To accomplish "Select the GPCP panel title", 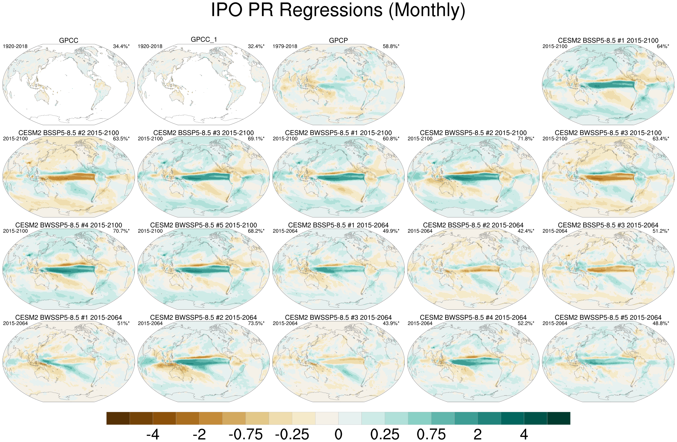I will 338,40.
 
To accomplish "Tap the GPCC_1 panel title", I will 204,39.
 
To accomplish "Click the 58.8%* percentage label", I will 391,46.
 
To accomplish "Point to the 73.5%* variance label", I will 256,323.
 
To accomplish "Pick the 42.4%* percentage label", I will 526,231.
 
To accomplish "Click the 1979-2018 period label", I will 285,46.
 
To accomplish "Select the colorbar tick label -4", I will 153,434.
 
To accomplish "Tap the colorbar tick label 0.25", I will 384,434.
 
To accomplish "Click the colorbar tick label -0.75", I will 245,434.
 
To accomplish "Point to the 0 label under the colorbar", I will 338,434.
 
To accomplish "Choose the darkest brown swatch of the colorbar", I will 118,418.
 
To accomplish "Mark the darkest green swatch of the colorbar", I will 558,418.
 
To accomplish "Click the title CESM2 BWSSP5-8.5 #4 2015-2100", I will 69,225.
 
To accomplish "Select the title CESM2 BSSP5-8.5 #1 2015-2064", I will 338,225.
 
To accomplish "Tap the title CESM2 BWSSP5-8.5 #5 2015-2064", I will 608,317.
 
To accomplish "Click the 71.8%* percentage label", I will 526,139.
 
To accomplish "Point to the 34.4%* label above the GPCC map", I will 121,46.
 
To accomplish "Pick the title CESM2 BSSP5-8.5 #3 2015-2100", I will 203,133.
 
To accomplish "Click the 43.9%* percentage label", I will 391,323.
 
